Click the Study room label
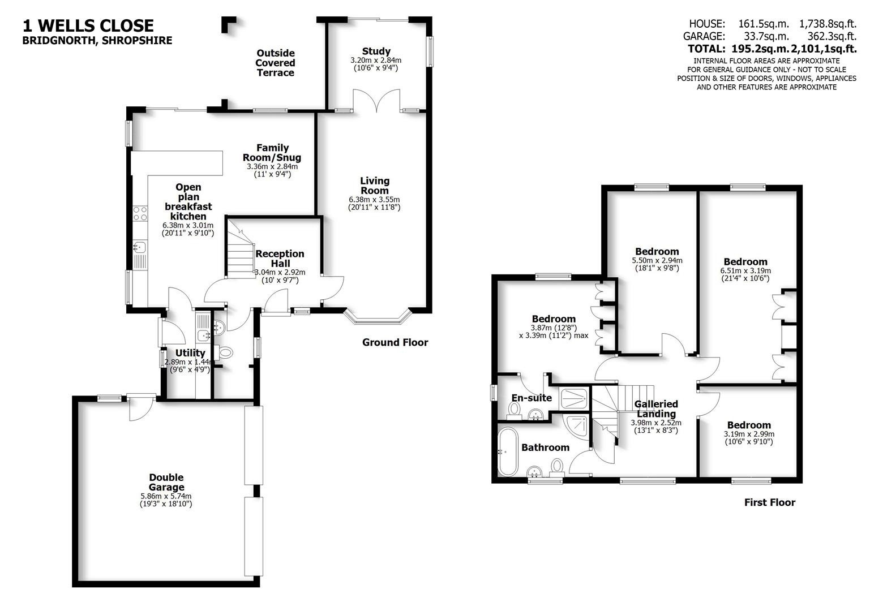pos(376,51)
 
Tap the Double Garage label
pos(166,482)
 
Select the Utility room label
pos(190,353)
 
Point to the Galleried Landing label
pos(656,408)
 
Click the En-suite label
pos(532,398)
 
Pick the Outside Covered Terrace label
pos(275,62)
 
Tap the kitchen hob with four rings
pos(140,213)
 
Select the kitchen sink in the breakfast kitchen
pos(140,247)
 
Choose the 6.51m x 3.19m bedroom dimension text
pos(745,271)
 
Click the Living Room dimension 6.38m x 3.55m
pos(375,200)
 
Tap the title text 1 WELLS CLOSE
pos(88,25)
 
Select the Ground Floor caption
pos(395,342)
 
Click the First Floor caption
pos(769,502)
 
